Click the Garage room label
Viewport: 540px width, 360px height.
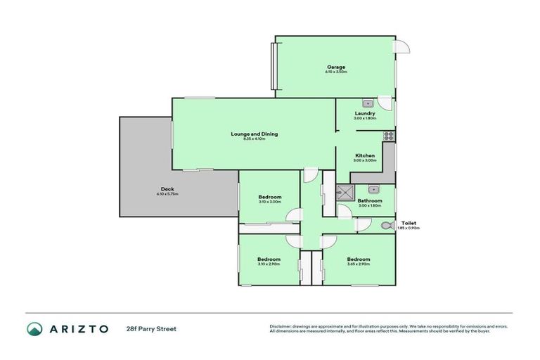click(335, 67)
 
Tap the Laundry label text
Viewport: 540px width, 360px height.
click(364, 113)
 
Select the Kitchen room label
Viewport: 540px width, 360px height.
click(364, 155)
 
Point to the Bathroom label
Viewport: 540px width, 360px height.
click(369, 200)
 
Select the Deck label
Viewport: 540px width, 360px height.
click(167, 188)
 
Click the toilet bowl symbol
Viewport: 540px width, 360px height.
click(385, 226)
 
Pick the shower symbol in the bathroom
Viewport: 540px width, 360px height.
click(345, 193)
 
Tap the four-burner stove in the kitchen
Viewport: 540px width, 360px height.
click(387, 136)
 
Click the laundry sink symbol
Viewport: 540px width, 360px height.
click(366, 103)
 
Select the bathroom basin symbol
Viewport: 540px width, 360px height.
click(373, 188)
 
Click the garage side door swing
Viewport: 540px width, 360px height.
click(402, 46)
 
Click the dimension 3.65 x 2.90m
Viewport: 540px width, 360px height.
click(357, 264)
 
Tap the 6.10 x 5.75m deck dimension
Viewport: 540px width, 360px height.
click(167, 194)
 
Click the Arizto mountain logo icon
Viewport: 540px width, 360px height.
click(34, 328)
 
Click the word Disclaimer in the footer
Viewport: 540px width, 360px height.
click(280, 326)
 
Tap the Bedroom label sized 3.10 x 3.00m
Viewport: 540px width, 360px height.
click(269, 197)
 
